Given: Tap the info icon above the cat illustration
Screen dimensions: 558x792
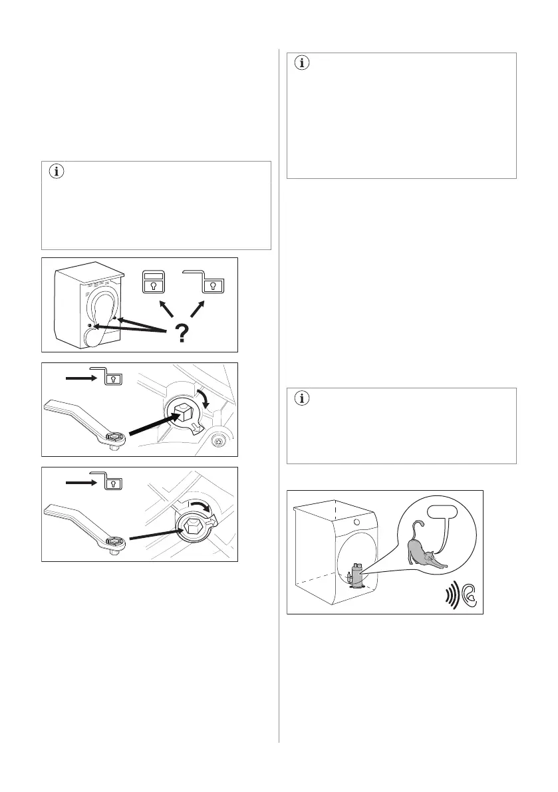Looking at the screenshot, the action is click(x=303, y=399).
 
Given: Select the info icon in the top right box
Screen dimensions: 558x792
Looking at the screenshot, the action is click(x=303, y=64).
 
